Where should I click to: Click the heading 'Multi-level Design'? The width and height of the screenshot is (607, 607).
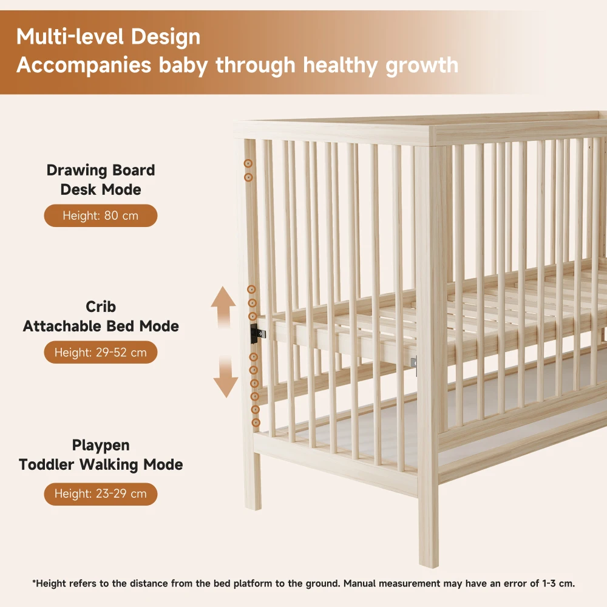click(x=108, y=37)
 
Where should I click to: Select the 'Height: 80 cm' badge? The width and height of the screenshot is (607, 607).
click(x=101, y=215)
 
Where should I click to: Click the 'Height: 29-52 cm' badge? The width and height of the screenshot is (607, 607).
click(x=101, y=352)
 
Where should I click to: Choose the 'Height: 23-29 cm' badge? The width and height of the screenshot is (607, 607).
click(x=101, y=493)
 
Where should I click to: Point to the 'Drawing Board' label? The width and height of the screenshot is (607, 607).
click(x=101, y=170)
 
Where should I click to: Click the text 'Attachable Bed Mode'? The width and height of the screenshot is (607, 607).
click(x=101, y=326)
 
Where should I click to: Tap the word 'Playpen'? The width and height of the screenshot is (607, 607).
click(x=101, y=445)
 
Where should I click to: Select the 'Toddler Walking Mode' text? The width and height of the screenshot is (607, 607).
click(x=101, y=465)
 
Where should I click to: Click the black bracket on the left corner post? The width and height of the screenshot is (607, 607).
click(x=255, y=332)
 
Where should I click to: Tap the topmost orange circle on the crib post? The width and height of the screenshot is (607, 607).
click(x=248, y=164)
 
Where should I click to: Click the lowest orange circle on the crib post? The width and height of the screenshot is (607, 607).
click(x=256, y=422)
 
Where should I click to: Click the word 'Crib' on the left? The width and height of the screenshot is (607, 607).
click(x=101, y=307)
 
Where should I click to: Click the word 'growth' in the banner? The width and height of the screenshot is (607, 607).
click(x=422, y=65)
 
